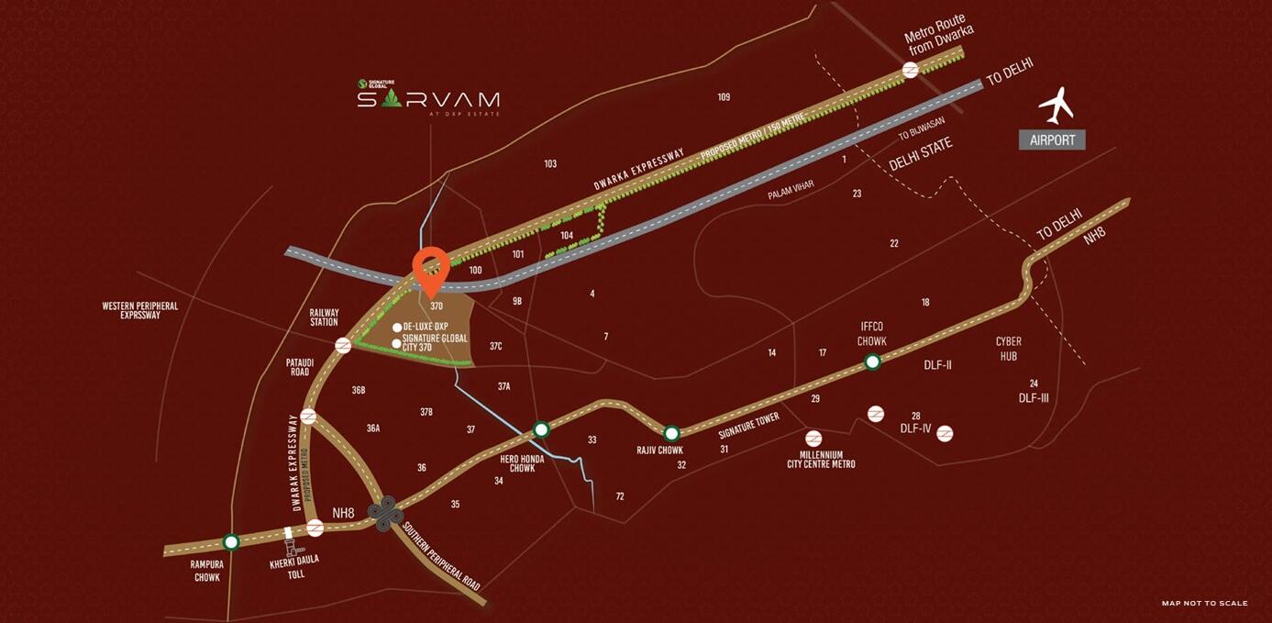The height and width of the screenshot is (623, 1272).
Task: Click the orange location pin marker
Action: point(430,266)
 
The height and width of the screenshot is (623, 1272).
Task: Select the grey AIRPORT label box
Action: point(1052,140)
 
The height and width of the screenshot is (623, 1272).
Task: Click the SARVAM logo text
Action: point(428,99)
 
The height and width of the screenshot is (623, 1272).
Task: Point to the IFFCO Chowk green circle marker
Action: point(872,362)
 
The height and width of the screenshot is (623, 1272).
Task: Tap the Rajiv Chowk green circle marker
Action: point(671,433)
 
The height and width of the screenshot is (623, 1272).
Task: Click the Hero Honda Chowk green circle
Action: point(541,428)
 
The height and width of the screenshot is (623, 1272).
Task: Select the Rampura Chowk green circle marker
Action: point(231,542)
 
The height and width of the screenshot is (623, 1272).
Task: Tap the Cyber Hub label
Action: point(1008,348)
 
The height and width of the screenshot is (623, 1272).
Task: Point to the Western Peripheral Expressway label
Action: point(140,310)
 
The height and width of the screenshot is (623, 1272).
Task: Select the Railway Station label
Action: point(324,317)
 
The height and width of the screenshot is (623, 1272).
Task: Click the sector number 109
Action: point(724,97)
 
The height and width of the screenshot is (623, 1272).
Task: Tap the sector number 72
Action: point(620,496)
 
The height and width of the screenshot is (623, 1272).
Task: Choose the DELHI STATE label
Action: point(921,154)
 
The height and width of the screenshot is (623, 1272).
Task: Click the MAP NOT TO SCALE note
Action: point(1204,603)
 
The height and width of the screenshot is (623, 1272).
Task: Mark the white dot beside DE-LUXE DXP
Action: point(396,327)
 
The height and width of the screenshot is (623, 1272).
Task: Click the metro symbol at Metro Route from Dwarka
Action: point(911,70)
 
